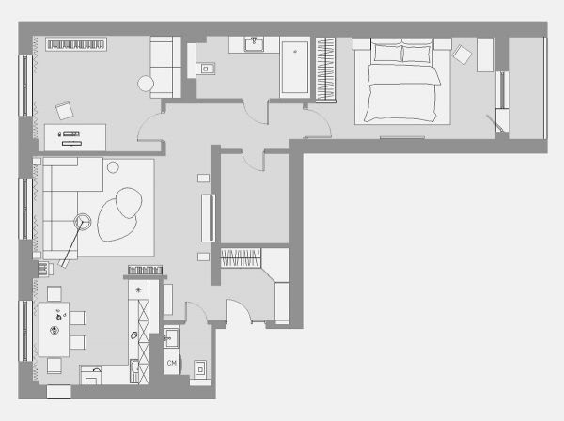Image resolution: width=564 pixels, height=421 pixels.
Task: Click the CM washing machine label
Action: (x=172, y=363)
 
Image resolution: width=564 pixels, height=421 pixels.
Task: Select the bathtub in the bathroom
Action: (x=295, y=68)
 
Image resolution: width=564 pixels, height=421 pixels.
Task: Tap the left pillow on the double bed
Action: (x=387, y=53)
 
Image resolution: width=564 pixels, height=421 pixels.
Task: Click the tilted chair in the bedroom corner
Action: (x=462, y=55)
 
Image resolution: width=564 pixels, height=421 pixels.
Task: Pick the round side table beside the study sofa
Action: (x=146, y=84)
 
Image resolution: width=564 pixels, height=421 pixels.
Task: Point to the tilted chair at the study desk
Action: (x=65, y=110)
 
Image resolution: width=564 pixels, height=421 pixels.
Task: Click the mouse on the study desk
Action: (x=59, y=134)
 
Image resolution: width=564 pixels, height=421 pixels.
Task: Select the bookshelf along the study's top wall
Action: (x=76, y=44)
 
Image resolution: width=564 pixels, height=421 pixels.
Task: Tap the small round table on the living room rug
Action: (x=113, y=167)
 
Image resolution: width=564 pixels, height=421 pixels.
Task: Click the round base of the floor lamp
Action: (x=83, y=222)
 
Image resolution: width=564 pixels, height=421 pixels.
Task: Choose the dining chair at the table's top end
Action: (x=55, y=294)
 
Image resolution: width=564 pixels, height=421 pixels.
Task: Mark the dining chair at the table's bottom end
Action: (x=55, y=366)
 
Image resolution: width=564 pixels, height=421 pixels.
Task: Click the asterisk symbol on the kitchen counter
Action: (x=138, y=289)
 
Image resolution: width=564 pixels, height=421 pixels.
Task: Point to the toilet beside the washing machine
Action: (x=201, y=369)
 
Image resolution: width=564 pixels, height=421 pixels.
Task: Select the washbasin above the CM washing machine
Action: (x=171, y=338)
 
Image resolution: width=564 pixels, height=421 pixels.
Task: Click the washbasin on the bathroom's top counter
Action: (x=255, y=44)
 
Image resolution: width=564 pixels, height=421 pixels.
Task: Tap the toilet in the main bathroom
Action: (x=206, y=69)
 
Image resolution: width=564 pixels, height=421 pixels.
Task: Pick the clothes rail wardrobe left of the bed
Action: (x=325, y=70)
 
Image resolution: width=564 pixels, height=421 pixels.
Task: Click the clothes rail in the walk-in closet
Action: (x=241, y=257)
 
